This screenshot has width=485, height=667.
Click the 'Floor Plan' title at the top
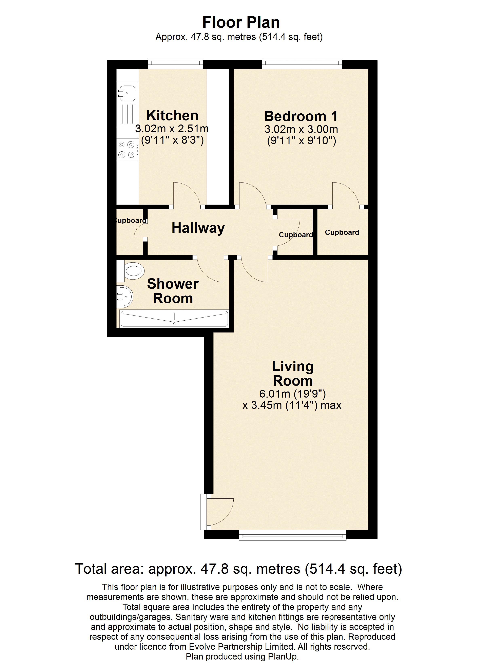pyautogui.click(x=241, y=22)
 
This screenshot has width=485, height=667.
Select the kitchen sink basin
pyautogui.click(x=127, y=92)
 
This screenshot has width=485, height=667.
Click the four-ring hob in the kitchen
pyautogui.click(x=127, y=149)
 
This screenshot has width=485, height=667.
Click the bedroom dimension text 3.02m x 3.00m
pyautogui.click(x=301, y=129)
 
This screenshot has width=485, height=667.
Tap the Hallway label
pyautogui.click(x=198, y=228)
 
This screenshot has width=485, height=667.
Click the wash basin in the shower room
pyautogui.click(x=125, y=297)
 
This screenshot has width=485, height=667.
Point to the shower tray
pyautogui.click(x=174, y=319)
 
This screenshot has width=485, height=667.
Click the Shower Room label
pyautogui.click(x=173, y=291)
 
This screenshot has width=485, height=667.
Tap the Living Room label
pyautogui.click(x=293, y=374)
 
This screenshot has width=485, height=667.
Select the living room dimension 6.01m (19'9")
pyautogui.click(x=292, y=394)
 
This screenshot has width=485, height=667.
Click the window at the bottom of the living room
pyautogui.click(x=293, y=536)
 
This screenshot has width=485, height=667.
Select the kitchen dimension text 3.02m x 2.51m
pyautogui.click(x=172, y=129)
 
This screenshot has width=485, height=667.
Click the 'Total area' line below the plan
pyautogui.click(x=238, y=569)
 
